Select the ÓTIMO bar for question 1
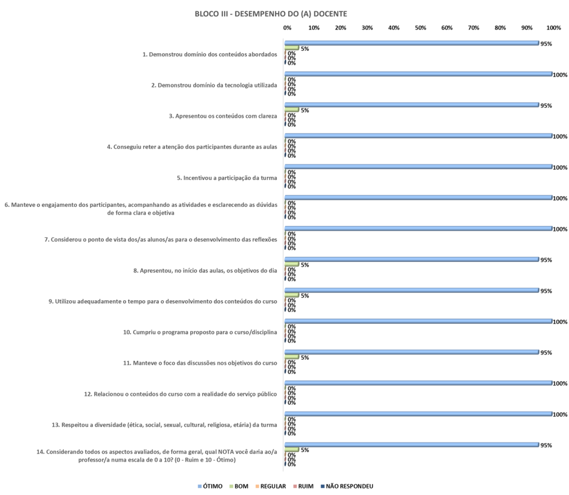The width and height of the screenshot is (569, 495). [x=411, y=43]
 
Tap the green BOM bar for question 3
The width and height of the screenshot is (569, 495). [x=292, y=110]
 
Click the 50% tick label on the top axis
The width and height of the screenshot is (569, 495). [x=421, y=27]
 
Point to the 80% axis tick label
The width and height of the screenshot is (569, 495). [x=500, y=27]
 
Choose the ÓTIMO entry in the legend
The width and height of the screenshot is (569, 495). [x=211, y=486]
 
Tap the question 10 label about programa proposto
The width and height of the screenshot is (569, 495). [x=199, y=333]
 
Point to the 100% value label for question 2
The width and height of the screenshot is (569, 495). [x=560, y=75]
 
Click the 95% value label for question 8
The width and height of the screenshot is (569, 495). [x=546, y=260]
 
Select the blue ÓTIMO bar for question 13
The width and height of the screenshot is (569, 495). [x=418, y=414]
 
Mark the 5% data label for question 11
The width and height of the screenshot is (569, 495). [x=305, y=357]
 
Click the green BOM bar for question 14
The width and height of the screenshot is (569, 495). [x=292, y=449]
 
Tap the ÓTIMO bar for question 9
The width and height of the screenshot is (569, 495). [x=411, y=290]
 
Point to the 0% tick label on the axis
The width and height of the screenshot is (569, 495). [x=287, y=27]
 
